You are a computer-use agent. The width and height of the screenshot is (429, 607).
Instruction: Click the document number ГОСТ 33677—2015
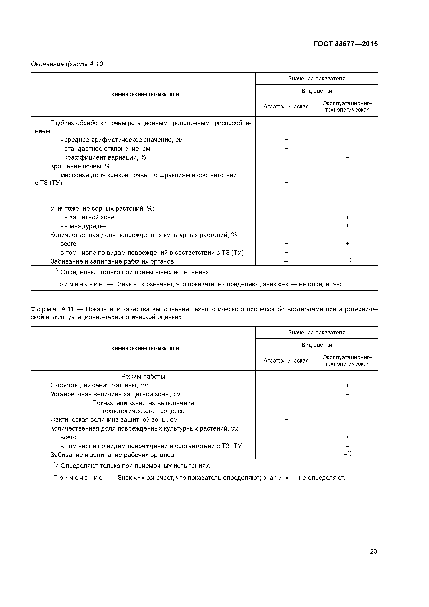tap(345, 44)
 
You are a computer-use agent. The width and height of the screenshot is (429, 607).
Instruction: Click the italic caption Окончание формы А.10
tap(67, 64)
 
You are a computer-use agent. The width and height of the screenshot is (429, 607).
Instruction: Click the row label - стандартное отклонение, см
tap(105, 149)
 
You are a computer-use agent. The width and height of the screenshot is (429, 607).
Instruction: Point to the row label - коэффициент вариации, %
tap(103, 158)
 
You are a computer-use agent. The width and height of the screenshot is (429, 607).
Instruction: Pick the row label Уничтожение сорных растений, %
tap(102, 209)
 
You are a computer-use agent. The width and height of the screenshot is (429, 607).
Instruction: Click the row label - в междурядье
tap(84, 226)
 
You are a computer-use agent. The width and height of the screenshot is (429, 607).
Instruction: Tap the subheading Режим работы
tap(143, 376)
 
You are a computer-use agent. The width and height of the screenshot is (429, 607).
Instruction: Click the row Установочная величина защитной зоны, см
tap(116, 394)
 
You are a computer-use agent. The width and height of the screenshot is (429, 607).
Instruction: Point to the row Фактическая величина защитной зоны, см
tap(114, 420)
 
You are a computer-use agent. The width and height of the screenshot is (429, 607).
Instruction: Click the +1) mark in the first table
tap(347, 261)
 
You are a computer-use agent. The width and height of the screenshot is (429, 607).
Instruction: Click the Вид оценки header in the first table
tap(317, 91)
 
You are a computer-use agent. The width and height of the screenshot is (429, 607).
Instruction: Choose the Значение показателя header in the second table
tap(317, 333)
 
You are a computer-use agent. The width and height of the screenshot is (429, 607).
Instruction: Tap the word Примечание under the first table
tap(78, 284)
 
